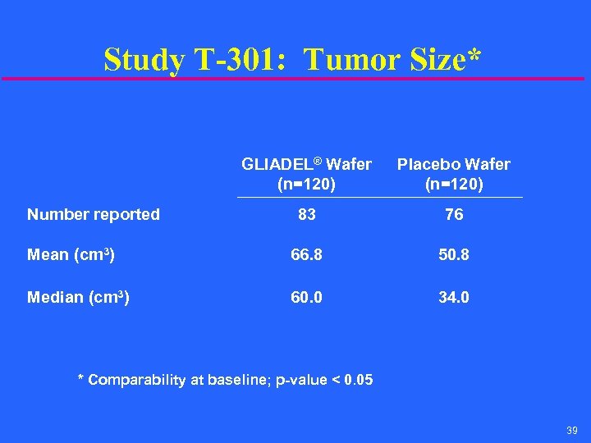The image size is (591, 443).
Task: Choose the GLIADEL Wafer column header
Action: point(306,174)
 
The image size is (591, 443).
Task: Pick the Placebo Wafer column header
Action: point(454,174)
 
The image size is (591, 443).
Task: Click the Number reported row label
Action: point(94,215)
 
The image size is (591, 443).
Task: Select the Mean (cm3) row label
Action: point(71,255)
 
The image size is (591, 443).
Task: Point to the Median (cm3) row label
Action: point(78,297)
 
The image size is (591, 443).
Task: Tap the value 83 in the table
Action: point(307,215)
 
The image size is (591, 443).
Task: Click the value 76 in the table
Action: point(454,215)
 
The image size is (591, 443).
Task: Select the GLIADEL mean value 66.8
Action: point(307,255)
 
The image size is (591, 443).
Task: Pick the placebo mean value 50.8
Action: point(454,255)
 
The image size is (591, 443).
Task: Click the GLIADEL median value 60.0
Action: point(307,297)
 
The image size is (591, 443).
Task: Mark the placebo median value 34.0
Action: point(454,297)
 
